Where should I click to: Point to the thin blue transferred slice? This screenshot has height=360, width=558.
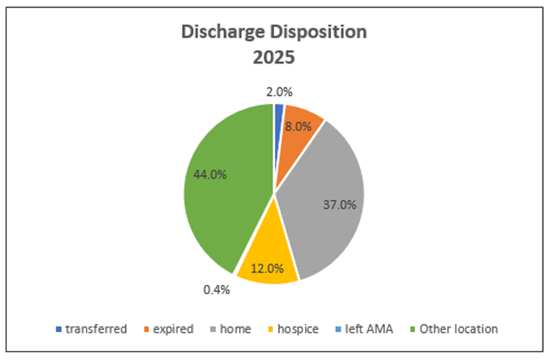(x=278, y=111)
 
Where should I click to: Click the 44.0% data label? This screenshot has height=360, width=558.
(x=210, y=175)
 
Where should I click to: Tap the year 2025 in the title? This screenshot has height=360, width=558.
(x=273, y=57)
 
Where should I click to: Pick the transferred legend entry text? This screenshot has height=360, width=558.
(x=96, y=329)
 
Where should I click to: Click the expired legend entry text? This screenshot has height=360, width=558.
(x=172, y=329)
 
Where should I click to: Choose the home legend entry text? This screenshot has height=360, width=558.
(x=237, y=329)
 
